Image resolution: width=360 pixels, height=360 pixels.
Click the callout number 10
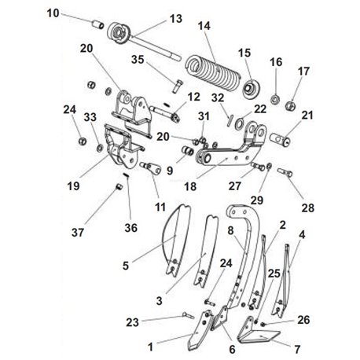point(53,13)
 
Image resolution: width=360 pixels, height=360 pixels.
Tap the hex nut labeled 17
point(291,105)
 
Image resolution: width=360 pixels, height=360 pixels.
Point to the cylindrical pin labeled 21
point(280,139)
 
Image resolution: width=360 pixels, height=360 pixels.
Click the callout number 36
point(130,228)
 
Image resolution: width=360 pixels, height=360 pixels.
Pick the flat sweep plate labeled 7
point(258,331)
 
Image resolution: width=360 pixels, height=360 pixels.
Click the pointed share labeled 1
point(200,330)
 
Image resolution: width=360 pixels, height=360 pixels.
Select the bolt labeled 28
point(285,172)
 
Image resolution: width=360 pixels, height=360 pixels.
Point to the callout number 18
point(190,187)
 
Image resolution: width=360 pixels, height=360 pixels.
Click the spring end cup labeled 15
point(251,90)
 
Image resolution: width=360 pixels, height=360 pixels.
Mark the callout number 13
point(176,19)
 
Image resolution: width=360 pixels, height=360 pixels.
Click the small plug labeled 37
point(119,187)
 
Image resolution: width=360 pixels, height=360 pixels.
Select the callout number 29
point(256,200)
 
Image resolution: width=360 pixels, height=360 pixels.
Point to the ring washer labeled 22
point(239,123)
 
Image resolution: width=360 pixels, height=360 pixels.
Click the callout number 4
point(302,235)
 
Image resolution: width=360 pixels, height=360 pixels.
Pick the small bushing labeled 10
point(97,25)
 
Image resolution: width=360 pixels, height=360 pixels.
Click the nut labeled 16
point(275,99)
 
